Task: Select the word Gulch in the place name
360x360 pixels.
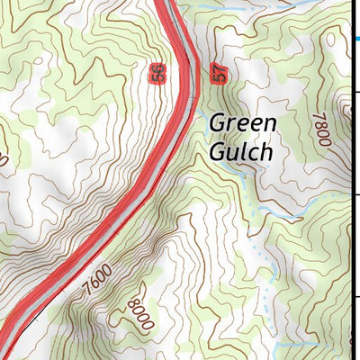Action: coord(239,151)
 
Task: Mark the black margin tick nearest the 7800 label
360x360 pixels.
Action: coord(355,91)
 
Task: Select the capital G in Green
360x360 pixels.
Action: coord(219,122)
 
